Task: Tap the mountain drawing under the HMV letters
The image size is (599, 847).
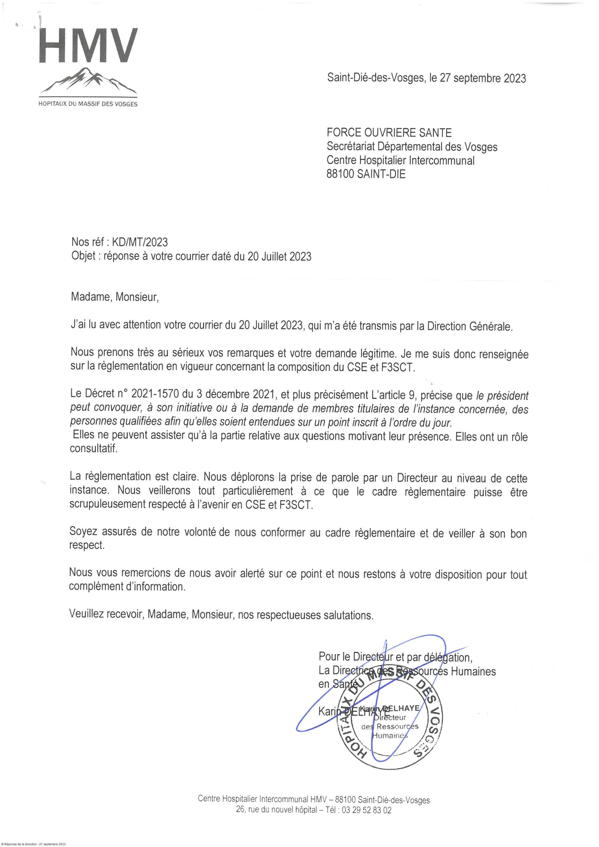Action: click(89, 82)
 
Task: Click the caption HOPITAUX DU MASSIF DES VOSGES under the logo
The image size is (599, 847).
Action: click(88, 104)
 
